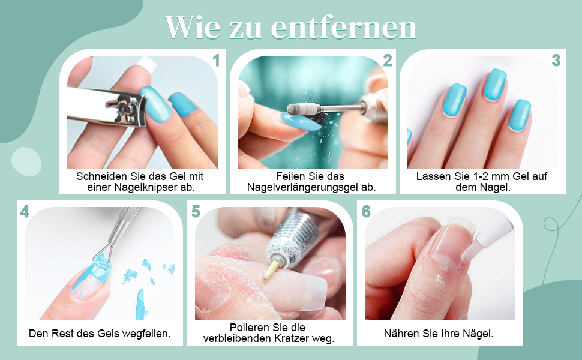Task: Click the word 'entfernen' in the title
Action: pyautogui.click(x=343, y=27)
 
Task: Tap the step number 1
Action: pyautogui.click(x=216, y=60)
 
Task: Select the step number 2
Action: pyautogui.click(x=387, y=60)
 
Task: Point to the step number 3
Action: pyautogui.click(x=556, y=60)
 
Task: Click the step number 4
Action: pyautogui.click(x=25, y=211)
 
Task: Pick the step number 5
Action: pyautogui.click(x=196, y=211)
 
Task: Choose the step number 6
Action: pyautogui.click(x=366, y=211)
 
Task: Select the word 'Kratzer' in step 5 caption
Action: pyautogui.click(x=295, y=339)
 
